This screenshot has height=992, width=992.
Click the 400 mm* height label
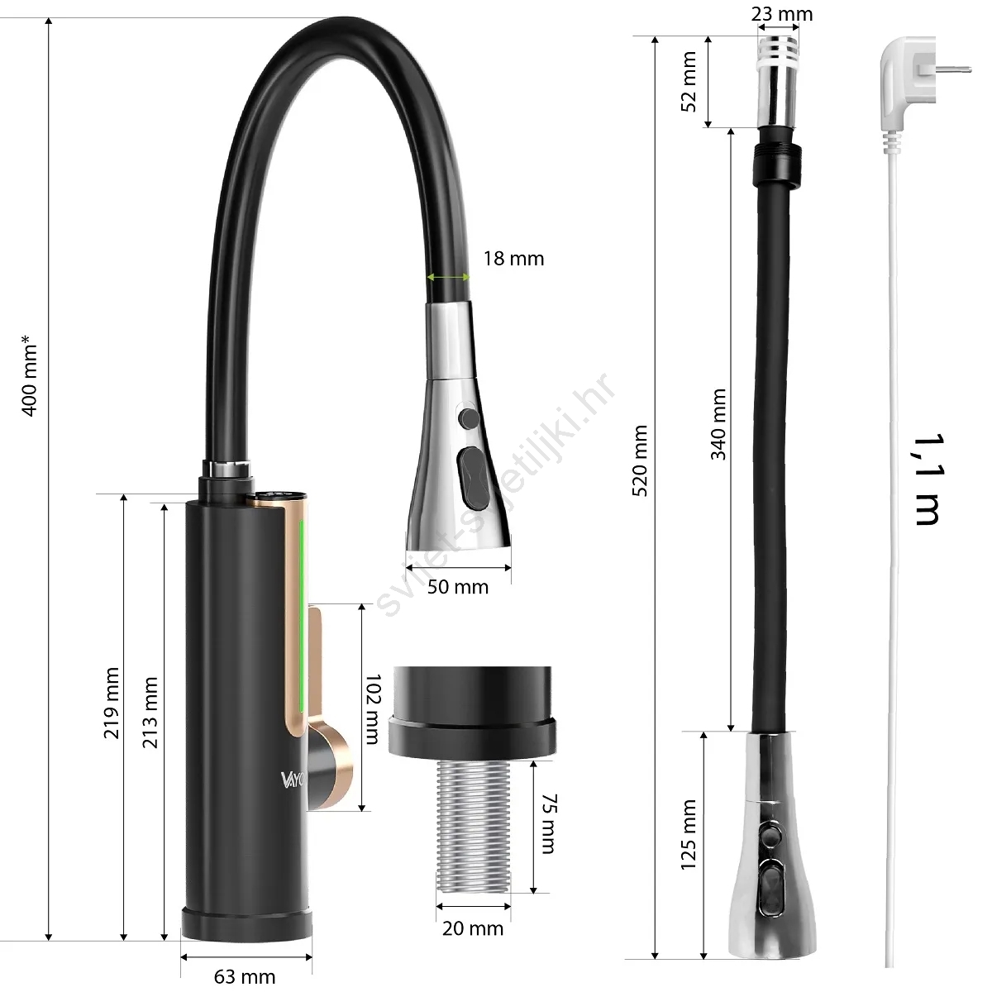tap(29, 376)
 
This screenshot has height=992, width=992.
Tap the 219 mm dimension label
tap(112, 703)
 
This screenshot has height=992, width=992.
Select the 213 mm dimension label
tap(150, 713)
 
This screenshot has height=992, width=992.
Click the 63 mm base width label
tap(245, 976)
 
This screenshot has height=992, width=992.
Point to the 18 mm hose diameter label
tap(513, 259)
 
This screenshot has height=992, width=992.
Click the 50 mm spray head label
tap(458, 587)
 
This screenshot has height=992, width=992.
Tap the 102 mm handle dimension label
tap(373, 709)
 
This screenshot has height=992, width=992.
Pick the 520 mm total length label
tap(640, 460)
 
